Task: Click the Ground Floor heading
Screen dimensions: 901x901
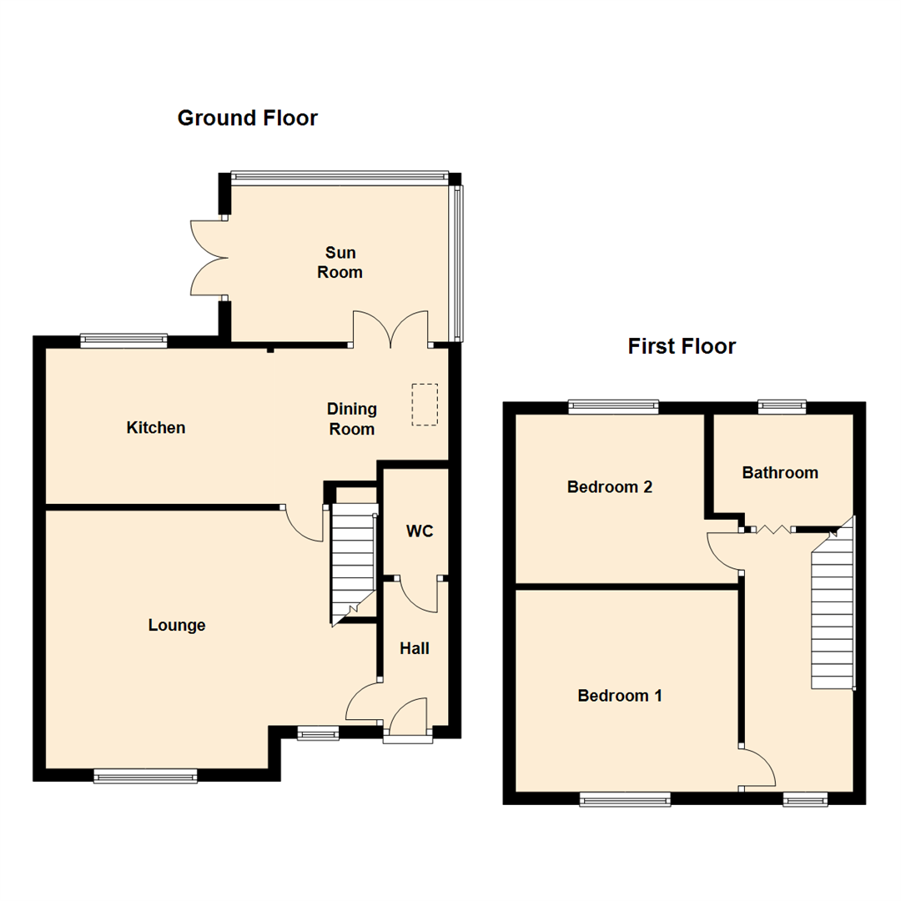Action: tap(247, 118)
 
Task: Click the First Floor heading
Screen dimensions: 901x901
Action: tap(682, 346)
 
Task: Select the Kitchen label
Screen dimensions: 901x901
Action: tap(156, 428)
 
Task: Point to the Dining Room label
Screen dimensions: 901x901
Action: tap(351, 420)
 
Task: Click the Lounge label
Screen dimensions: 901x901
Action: tap(177, 625)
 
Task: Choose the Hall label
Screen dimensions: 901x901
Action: tap(415, 647)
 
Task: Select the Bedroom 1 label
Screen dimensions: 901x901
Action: tap(620, 695)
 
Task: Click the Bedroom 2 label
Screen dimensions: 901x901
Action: tap(609, 487)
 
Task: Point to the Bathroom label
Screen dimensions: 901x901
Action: tap(780, 473)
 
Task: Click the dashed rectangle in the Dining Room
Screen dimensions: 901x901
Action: tap(425, 405)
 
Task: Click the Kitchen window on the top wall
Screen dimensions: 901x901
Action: tap(123, 340)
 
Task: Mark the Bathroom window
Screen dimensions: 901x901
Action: tap(782, 407)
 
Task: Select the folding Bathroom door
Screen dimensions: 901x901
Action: tap(772, 529)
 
